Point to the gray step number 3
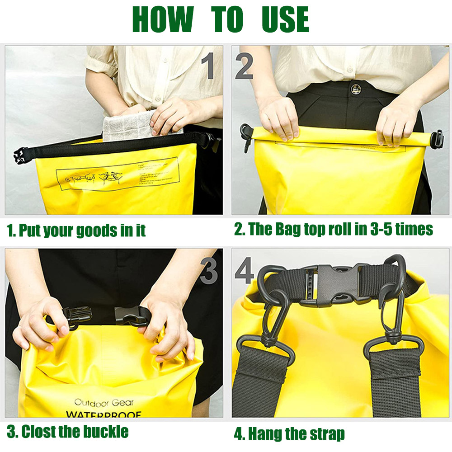point(209,270)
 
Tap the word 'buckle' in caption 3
point(106,431)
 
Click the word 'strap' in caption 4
point(323,434)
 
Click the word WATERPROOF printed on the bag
point(104,414)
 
